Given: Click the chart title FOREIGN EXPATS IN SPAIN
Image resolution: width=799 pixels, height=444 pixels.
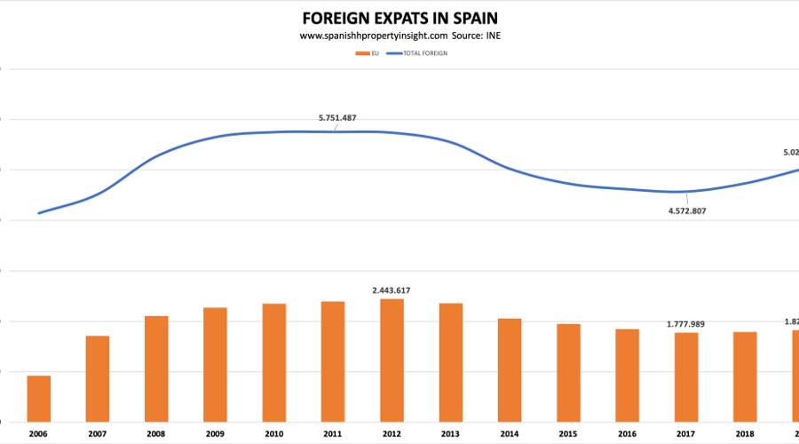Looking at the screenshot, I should [x=399, y=18].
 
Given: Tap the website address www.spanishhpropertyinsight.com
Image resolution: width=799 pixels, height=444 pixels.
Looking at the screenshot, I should [x=374, y=36].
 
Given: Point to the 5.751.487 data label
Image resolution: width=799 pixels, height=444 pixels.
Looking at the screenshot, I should [x=336, y=118].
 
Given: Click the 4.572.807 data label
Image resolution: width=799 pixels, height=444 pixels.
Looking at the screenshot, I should [x=680, y=210].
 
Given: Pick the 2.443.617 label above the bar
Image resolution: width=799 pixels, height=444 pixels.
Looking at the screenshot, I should [x=392, y=290].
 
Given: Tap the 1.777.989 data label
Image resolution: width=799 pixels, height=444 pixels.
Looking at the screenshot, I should [x=685, y=324].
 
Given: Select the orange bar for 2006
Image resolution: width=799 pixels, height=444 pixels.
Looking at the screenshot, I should [x=39, y=399].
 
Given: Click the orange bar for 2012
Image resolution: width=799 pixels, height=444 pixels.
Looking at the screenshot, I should [x=392, y=360].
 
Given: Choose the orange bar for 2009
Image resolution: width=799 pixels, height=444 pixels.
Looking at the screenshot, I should [x=215, y=364].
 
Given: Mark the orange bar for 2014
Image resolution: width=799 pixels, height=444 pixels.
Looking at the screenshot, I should [x=510, y=369].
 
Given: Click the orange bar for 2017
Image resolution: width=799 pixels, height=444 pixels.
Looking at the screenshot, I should [x=686, y=377].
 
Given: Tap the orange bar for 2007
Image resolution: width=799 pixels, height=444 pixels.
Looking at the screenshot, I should [x=98, y=378].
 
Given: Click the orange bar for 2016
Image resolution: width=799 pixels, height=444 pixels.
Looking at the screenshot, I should [x=627, y=375].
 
